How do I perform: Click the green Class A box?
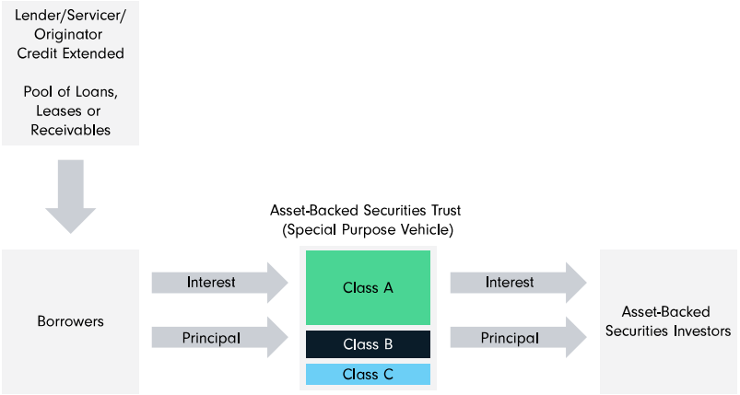368,287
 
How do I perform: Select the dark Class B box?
368,344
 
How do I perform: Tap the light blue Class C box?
368,374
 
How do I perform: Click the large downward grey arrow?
70,194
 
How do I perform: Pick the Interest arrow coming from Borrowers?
219,282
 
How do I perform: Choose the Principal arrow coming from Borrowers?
219,338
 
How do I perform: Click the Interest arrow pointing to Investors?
517,282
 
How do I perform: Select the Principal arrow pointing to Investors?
517,338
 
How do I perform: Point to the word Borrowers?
70,321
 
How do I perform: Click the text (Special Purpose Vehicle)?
368,228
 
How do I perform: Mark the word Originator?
70,36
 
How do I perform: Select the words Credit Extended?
70,53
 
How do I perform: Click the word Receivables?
70,130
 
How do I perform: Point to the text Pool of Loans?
70,93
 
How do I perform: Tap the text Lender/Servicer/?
70,17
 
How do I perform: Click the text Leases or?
70,111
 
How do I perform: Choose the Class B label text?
368,344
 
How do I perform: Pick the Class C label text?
368,374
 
